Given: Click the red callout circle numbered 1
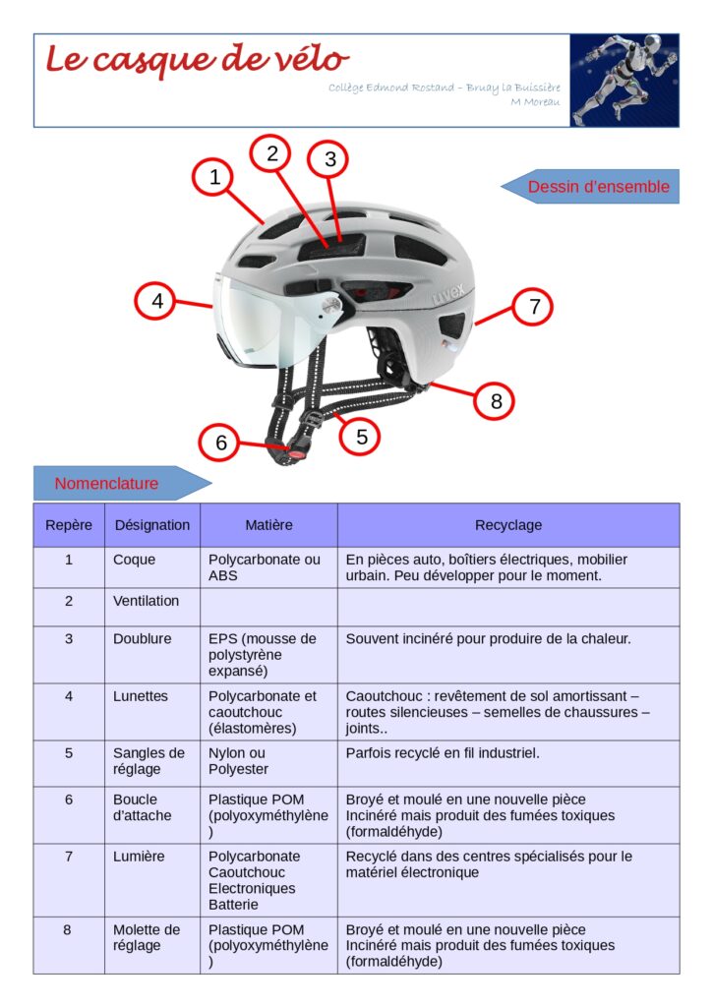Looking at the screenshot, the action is tap(214, 177).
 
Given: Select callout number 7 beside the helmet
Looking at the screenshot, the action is tap(533, 307).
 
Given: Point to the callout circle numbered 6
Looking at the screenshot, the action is tap(220, 442).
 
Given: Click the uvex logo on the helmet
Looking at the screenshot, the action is tap(447, 294).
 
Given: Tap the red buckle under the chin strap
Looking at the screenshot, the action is tap(295, 452).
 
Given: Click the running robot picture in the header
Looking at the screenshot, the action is tap(624, 81).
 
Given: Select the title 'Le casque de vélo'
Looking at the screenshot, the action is tap(198, 60).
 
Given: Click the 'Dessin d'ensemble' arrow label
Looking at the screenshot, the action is tap(590, 186).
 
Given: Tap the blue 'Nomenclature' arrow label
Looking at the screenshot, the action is tap(122, 483).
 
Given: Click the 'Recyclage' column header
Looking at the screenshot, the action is tap(508, 525).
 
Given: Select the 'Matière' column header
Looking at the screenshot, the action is tap(268, 525).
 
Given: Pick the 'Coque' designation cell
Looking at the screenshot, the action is tap(152, 567).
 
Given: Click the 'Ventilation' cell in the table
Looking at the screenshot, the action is tap(152, 607).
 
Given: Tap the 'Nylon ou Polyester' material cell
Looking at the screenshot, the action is tap(268, 763).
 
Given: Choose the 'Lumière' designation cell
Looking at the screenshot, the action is tap(152, 880).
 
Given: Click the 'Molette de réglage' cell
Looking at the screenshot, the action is tap(152, 945).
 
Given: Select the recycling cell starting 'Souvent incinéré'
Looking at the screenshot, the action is tap(508, 654).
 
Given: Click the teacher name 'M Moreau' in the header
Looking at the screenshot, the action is tap(535, 102).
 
